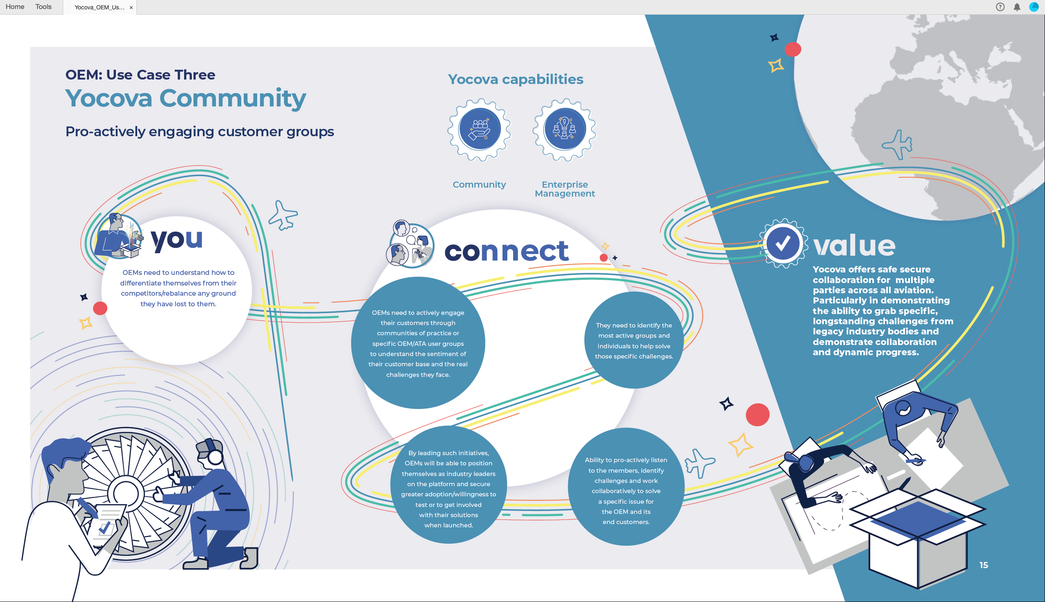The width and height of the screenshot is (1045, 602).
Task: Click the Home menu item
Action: coord(15,7)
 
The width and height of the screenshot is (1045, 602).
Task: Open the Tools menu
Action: coord(43,7)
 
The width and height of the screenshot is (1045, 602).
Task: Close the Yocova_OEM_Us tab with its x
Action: coord(131,7)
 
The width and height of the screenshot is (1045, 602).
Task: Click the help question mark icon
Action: coord(1000,7)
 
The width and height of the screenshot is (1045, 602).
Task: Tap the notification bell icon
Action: coord(1017,7)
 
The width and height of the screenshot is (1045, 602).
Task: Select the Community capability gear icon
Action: coord(479,129)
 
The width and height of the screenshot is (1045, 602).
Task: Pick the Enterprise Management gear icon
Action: coord(565,129)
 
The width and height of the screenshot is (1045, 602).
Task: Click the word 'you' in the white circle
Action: coord(177,240)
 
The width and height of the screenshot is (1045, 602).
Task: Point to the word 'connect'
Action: coord(506,251)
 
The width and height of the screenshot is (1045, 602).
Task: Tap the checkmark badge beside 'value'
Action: coord(783,243)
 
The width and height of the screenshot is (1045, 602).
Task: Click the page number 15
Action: coord(984,565)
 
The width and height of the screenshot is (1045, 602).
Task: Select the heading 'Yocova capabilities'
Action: coord(516,79)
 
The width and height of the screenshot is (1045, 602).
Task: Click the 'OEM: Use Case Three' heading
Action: coord(140,75)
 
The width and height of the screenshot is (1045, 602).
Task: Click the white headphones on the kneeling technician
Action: coord(213,453)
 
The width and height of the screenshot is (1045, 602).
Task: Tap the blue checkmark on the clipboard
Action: coord(104,528)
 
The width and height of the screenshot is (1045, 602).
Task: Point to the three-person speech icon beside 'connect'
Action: coord(410,243)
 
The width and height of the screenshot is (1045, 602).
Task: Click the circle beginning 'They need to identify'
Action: coord(634,340)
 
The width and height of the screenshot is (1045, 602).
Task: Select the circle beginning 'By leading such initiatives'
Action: coord(449,485)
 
